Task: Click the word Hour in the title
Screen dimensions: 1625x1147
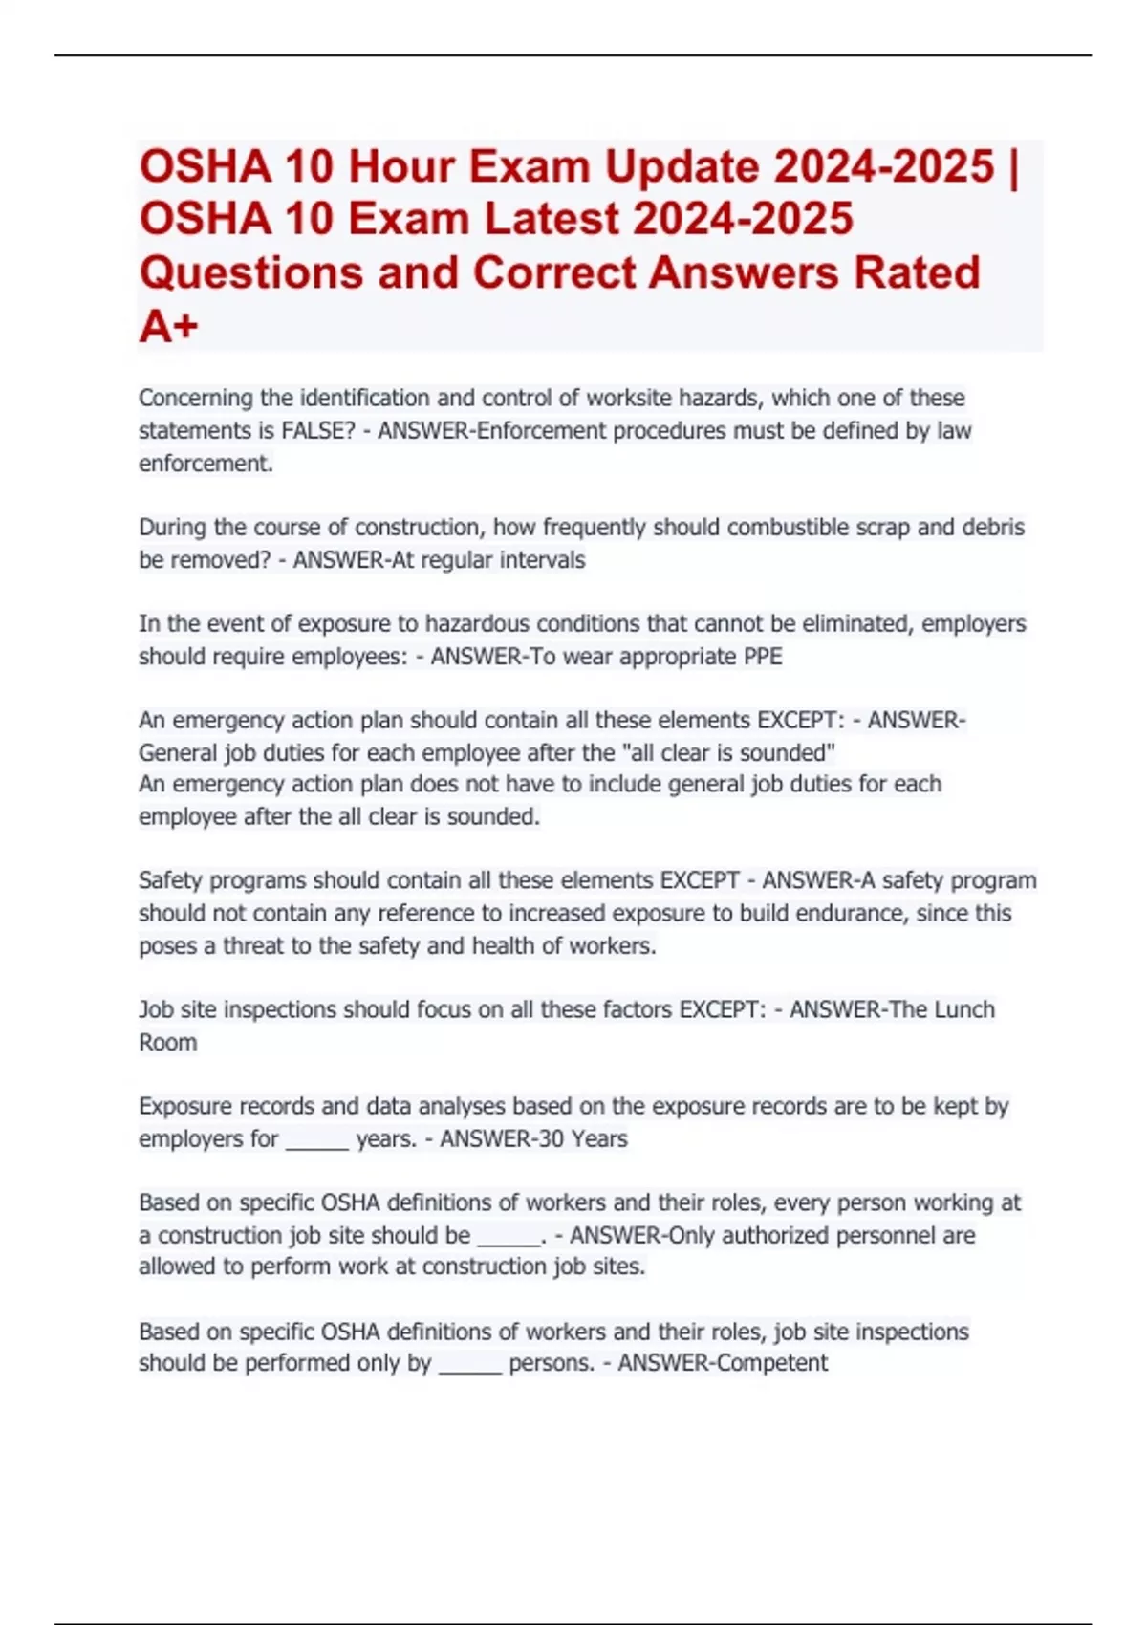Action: tap(400, 166)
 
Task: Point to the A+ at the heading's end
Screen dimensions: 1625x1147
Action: tap(168, 326)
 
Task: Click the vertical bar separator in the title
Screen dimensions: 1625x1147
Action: tap(1014, 166)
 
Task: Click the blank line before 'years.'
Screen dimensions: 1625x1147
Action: tap(316, 1143)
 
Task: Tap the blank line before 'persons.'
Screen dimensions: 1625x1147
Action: tap(470, 1368)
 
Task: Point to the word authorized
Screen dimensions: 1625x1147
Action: tap(774, 1235)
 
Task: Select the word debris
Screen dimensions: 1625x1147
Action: tap(991, 528)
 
